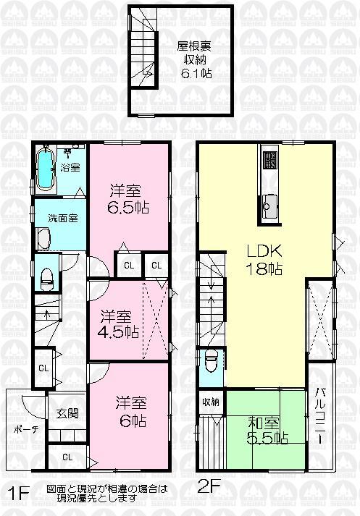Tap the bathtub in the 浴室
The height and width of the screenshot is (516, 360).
click(46, 169)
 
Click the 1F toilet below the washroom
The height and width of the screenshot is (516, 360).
click(47, 276)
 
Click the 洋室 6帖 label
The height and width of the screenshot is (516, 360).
click(130, 412)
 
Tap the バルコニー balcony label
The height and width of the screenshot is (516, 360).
click(319, 418)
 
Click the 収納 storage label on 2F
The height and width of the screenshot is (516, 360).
click(211, 402)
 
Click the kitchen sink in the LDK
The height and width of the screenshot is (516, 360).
click(269, 205)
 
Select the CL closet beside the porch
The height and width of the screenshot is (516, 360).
click(67, 457)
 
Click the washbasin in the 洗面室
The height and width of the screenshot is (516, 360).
click(43, 238)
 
